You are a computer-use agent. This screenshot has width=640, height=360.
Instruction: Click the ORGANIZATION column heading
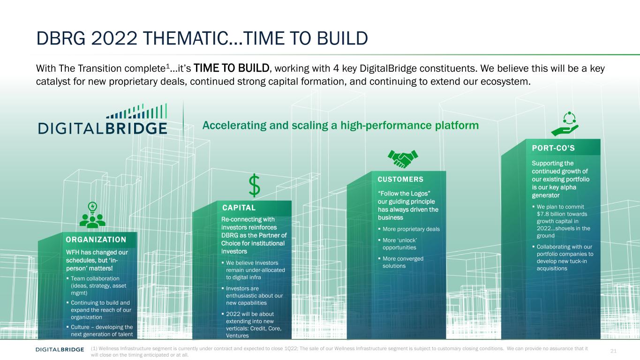coord(96,240)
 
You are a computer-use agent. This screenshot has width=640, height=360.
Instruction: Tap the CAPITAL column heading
coord(239,208)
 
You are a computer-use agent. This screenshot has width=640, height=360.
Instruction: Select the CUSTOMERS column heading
coord(400,180)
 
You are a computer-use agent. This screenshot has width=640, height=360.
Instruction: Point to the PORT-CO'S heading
coord(553,148)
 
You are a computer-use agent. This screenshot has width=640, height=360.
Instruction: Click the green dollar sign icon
coord(254,186)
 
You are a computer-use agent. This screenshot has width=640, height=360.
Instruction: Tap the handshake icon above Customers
coord(403,158)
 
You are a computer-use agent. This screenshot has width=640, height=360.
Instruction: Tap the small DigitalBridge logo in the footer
coord(60,349)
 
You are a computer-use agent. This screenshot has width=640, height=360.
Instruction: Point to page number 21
coord(613,351)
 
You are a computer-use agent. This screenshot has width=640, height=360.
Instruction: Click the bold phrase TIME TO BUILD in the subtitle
coord(232,68)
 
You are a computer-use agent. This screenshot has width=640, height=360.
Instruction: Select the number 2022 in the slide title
coord(114,38)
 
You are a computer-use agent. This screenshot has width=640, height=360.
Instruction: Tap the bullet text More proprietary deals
coord(411,229)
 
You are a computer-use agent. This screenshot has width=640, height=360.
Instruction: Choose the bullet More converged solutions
coord(403,262)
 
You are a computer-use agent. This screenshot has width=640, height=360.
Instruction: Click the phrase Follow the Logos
coord(404,194)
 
